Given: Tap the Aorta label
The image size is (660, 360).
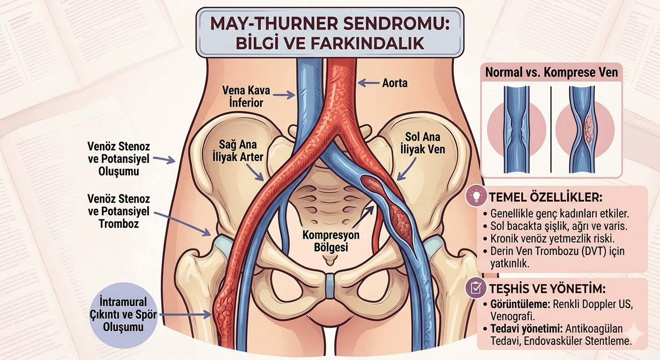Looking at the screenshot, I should (394, 83).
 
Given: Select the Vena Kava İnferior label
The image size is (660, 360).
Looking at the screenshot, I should (246, 96).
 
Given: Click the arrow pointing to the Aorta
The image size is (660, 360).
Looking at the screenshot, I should (369, 83).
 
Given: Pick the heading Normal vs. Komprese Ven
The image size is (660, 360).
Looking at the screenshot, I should (551, 73).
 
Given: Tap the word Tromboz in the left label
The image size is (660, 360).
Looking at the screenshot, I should (119, 224).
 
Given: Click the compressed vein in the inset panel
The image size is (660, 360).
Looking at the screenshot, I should (584, 129).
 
